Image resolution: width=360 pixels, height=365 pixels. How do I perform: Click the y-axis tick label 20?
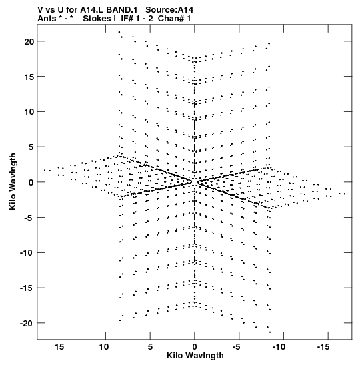pyautogui.click(x=29, y=42)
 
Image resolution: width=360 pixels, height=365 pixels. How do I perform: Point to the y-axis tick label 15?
pyautogui.click(x=29, y=77)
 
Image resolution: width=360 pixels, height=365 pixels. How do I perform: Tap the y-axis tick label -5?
pyautogui.click(x=29, y=218)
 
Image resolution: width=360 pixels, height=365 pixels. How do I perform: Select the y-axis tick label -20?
pyautogui.click(x=27, y=324)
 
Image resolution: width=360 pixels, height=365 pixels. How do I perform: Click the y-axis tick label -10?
pyautogui.click(x=27, y=253)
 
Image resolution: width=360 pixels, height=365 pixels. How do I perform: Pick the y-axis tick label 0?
pyautogui.click(x=31, y=183)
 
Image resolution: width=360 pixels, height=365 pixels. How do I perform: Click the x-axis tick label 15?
pyautogui.click(x=59, y=346)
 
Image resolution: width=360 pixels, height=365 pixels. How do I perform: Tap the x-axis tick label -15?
pyautogui.click(x=323, y=346)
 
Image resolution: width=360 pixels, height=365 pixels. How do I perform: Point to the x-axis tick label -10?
pyautogui.click(x=279, y=346)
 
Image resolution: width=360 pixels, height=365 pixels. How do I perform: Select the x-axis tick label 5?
pyautogui.click(x=150, y=346)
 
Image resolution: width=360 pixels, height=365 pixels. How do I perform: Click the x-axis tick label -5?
pyautogui.click(x=236, y=346)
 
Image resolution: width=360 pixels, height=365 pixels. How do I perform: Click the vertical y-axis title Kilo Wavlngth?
pyautogui.click(x=13, y=181)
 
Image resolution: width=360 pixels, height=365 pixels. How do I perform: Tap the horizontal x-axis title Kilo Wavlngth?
pyautogui.click(x=195, y=356)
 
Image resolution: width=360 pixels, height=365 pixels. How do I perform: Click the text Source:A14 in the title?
pyautogui.click(x=169, y=10)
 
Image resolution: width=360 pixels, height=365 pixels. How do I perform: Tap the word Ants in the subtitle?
pyautogui.click(x=47, y=19)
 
